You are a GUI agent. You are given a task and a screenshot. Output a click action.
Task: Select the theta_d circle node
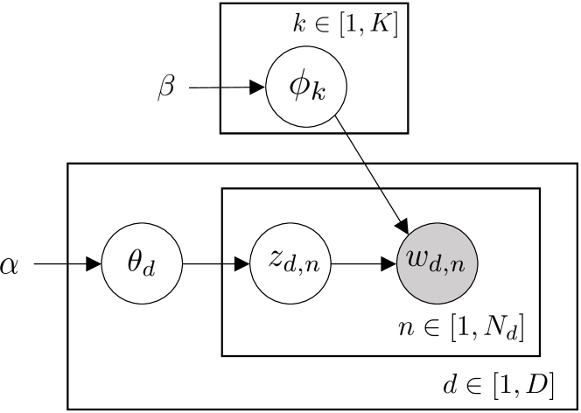(x=141, y=262)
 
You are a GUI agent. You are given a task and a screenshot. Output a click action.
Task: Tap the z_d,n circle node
(x=289, y=262)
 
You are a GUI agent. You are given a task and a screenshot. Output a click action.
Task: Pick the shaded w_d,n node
(x=437, y=262)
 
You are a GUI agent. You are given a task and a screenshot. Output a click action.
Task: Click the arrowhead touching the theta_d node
(x=94, y=262)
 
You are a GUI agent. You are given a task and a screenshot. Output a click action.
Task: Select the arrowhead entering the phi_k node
(x=259, y=87)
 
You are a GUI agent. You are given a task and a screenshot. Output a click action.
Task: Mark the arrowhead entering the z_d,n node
(x=242, y=262)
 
